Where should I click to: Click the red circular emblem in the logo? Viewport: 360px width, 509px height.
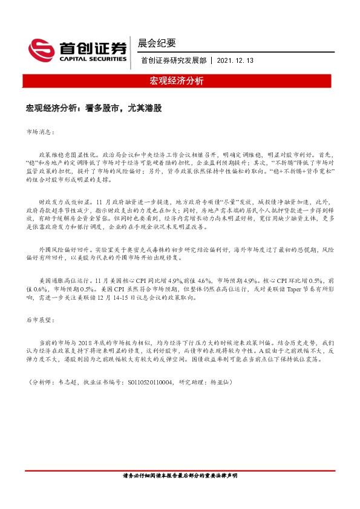pyautogui.click(x=42, y=48)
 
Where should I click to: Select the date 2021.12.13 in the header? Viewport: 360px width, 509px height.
pyautogui.click(x=235, y=61)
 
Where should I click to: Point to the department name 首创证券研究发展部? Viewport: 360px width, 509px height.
pyautogui.click(x=174, y=61)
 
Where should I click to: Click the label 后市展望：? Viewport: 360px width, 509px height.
pyautogui.click(x=41, y=317)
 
